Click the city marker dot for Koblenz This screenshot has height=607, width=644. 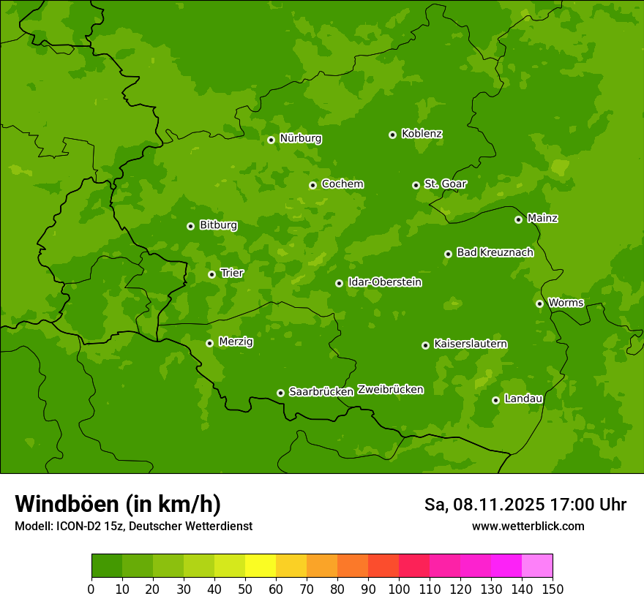[x=392, y=135]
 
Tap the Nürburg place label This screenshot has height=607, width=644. [x=300, y=138]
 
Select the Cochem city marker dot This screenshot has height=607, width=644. [x=312, y=185]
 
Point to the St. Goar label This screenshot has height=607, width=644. [x=445, y=184]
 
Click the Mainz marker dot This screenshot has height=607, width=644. [x=518, y=219]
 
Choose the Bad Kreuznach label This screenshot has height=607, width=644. [x=495, y=252]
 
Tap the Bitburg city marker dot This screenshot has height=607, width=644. [x=190, y=226]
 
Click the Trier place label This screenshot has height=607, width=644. [x=232, y=274]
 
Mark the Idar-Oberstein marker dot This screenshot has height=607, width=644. [x=339, y=283]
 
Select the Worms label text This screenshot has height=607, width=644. [x=566, y=303]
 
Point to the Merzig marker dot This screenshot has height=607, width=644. [x=209, y=343]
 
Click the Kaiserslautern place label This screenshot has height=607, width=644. [x=471, y=344]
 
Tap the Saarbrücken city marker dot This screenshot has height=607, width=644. [x=280, y=393]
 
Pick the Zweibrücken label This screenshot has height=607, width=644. [x=390, y=390]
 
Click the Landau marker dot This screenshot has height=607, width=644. [x=495, y=400]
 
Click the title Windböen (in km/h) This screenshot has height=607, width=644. [x=118, y=504]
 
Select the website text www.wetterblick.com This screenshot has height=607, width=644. [x=528, y=526]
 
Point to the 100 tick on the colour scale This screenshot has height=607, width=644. [x=399, y=589]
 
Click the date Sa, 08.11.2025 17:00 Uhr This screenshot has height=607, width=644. [x=525, y=505]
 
